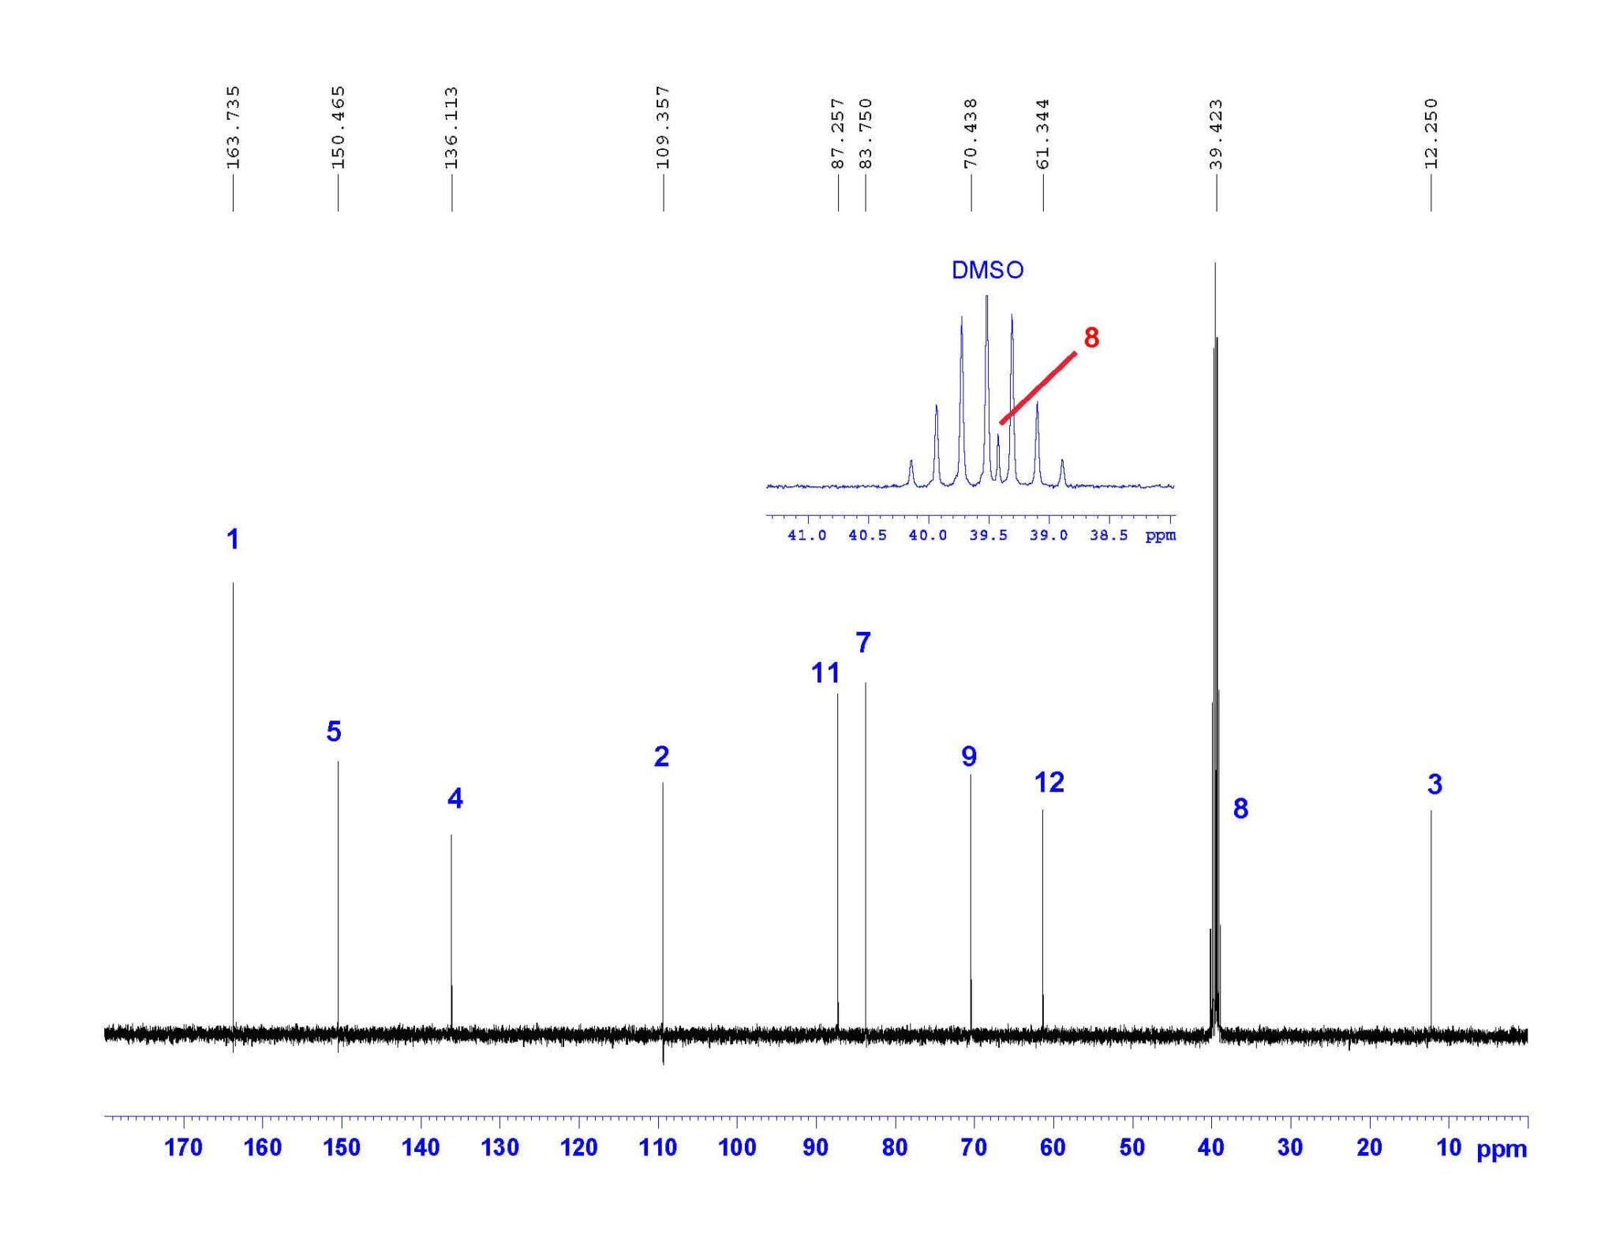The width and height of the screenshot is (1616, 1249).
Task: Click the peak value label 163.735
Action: (233, 127)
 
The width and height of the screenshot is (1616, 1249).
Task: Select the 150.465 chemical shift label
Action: (338, 127)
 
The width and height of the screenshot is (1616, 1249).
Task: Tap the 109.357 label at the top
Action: (663, 127)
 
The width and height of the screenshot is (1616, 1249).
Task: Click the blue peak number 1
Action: (232, 540)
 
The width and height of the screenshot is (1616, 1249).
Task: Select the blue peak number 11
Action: (825, 673)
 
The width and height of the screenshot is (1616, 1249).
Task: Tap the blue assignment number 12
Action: (1049, 782)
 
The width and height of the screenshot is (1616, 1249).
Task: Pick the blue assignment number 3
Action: (1435, 784)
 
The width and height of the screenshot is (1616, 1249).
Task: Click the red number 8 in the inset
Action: (1091, 338)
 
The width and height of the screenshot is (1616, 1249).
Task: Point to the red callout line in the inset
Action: (1038, 387)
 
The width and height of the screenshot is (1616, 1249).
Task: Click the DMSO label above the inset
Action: (987, 271)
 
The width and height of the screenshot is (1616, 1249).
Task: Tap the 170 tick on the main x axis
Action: (183, 1147)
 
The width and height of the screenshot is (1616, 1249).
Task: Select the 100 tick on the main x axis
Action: (737, 1147)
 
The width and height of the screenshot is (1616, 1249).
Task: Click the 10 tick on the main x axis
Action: (1449, 1147)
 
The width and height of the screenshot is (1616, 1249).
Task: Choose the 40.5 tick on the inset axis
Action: (867, 536)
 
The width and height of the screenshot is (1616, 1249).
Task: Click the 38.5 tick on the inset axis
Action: (1109, 536)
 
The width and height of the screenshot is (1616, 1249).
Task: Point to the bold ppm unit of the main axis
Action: (1501, 1150)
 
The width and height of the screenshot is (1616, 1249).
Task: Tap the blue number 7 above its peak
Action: (863, 643)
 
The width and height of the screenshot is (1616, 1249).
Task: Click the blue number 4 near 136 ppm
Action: (454, 798)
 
